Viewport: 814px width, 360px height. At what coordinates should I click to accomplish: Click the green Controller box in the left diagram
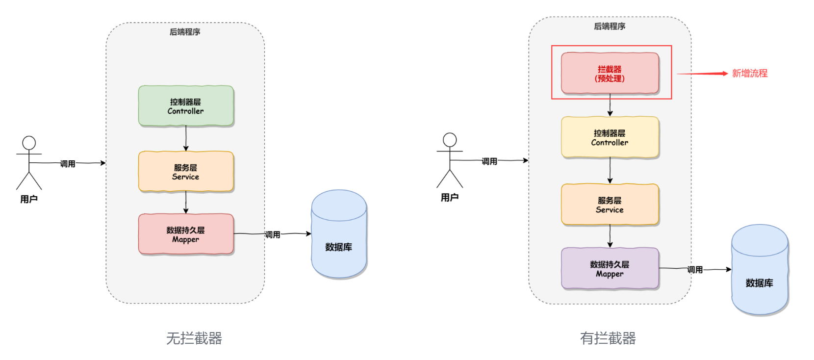point(186,106)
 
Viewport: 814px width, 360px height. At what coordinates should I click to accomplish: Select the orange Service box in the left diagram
point(186,171)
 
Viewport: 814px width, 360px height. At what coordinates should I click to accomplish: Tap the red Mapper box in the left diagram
point(186,234)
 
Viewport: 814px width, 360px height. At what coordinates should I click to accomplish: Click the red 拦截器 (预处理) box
point(610,73)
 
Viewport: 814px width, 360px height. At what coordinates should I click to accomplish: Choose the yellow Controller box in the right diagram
point(610,137)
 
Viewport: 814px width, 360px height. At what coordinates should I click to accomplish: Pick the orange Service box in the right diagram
point(610,205)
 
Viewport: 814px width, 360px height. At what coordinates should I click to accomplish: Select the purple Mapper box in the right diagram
point(610,268)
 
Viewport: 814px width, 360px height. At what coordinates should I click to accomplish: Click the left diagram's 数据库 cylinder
point(339,234)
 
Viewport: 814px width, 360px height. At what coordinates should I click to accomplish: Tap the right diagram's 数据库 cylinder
point(760,269)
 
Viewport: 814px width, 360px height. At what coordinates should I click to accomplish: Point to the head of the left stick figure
point(29,143)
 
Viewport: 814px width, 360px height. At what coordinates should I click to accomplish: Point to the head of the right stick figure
point(450,140)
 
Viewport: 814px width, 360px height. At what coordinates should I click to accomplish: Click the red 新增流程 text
point(749,74)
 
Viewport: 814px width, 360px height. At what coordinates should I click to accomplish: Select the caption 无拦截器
point(194,338)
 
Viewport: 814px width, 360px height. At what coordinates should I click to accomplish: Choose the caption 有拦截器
point(608,338)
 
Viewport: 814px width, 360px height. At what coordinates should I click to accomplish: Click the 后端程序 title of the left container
point(185,32)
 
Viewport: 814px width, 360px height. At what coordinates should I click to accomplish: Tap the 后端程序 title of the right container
point(610,26)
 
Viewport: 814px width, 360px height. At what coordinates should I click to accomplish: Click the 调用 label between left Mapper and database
point(273,234)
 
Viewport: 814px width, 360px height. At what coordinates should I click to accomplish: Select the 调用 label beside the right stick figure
point(489,161)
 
